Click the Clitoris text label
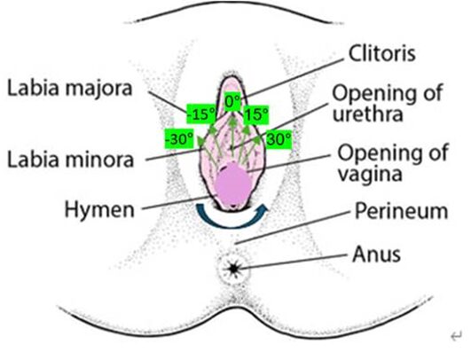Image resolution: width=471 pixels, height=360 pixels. click(x=381, y=53)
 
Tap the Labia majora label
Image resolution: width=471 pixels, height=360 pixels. click(x=70, y=89)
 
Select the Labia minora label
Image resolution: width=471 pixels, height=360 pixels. click(x=71, y=160)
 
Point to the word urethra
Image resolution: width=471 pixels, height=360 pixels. click(x=368, y=114)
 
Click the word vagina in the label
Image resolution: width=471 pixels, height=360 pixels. click(x=370, y=174)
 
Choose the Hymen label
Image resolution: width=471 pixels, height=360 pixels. click(x=99, y=210)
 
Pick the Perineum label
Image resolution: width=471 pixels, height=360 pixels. click(x=401, y=212)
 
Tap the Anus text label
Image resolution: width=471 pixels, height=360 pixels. click(x=376, y=254)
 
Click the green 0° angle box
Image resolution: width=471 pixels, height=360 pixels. click(x=233, y=101)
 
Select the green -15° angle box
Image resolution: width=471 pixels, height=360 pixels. click(x=201, y=113)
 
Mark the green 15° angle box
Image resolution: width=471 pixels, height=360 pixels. click(x=255, y=114)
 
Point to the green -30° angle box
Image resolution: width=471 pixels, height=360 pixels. click(x=178, y=138)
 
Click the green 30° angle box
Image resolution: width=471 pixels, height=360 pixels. click(x=279, y=139)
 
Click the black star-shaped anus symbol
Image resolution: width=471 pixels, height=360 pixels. click(x=233, y=268)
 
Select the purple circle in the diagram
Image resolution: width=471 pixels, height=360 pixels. click(x=232, y=184)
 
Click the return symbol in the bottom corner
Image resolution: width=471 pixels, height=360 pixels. click(x=457, y=336)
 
